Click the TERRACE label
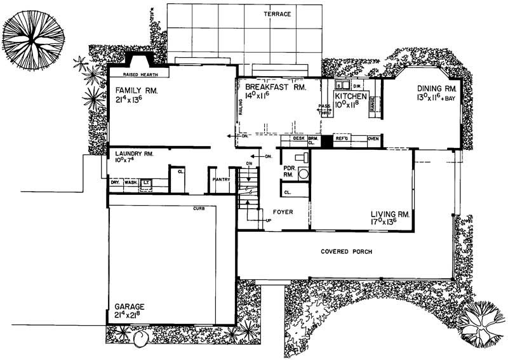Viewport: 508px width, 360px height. coord(278,13)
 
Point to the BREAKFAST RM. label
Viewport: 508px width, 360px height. coord(272,86)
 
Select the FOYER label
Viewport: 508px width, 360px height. coord(283,212)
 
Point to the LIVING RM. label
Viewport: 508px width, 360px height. coord(392,215)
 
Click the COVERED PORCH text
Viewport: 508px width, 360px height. coord(346,251)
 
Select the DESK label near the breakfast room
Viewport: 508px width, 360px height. coord(298,138)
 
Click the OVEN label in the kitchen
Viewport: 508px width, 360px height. coord(373,138)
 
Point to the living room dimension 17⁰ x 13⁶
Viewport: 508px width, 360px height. coord(392,223)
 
